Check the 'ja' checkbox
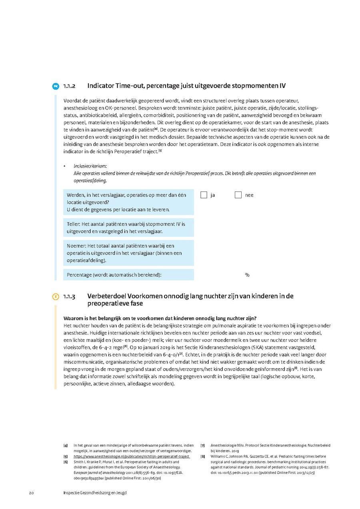(204, 195)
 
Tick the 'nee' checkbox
(238, 195)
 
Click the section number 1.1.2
(70, 86)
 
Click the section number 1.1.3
(70, 297)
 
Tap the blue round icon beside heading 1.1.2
(56, 86)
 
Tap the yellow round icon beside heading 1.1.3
(56, 297)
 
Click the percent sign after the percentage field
(247, 275)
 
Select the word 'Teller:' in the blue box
(74, 224)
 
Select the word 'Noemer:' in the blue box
(76, 246)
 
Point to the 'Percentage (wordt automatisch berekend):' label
(114, 275)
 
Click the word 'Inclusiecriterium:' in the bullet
(90, 166)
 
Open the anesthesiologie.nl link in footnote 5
(132, 457)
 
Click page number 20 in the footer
(31, 493)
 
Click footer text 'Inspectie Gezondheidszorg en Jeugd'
(95, 493)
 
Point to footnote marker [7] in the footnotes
(203, 445)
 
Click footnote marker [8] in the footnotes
(203, 457)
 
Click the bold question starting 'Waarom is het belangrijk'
(160, 318)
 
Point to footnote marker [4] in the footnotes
(65, 445)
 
